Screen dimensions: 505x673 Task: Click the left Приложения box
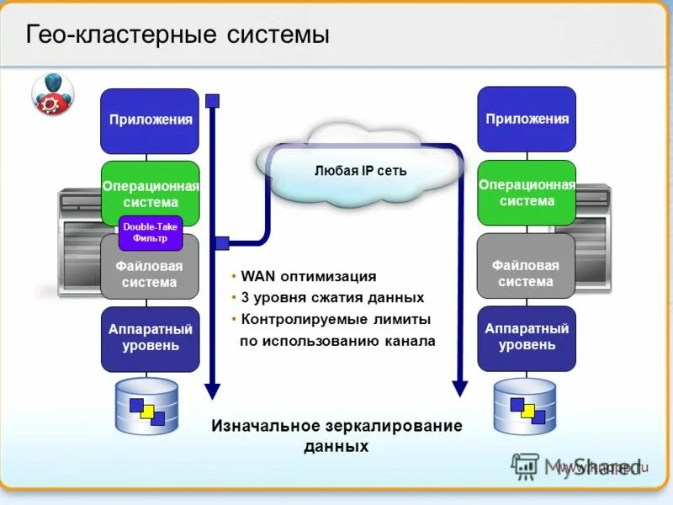(x=150, y=120)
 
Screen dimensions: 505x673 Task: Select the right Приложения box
(x=527, y=119)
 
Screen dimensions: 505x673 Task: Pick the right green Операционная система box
(x=527, y=193)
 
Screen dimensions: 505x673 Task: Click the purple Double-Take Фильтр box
(x=151, y=233)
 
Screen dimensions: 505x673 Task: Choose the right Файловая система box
(x=526, y=274)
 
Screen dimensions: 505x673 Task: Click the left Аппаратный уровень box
(x=150, y=338)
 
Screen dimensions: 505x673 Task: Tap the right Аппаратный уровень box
(x=527, y=337)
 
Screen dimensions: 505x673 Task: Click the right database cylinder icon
(x=525, y=407)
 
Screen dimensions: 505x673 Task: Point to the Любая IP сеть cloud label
(x=360, y=171)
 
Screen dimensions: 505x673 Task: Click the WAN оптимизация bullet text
(x=308, y=276)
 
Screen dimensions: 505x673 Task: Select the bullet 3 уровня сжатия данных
(x=332, y=298)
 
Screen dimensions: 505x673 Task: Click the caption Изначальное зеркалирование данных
(x=336, y=435)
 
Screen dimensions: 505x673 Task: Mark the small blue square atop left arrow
(x=213, y=101)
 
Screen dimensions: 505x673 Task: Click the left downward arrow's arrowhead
(x=213, y=390)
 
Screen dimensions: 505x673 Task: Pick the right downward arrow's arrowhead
(x=459, y=387)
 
